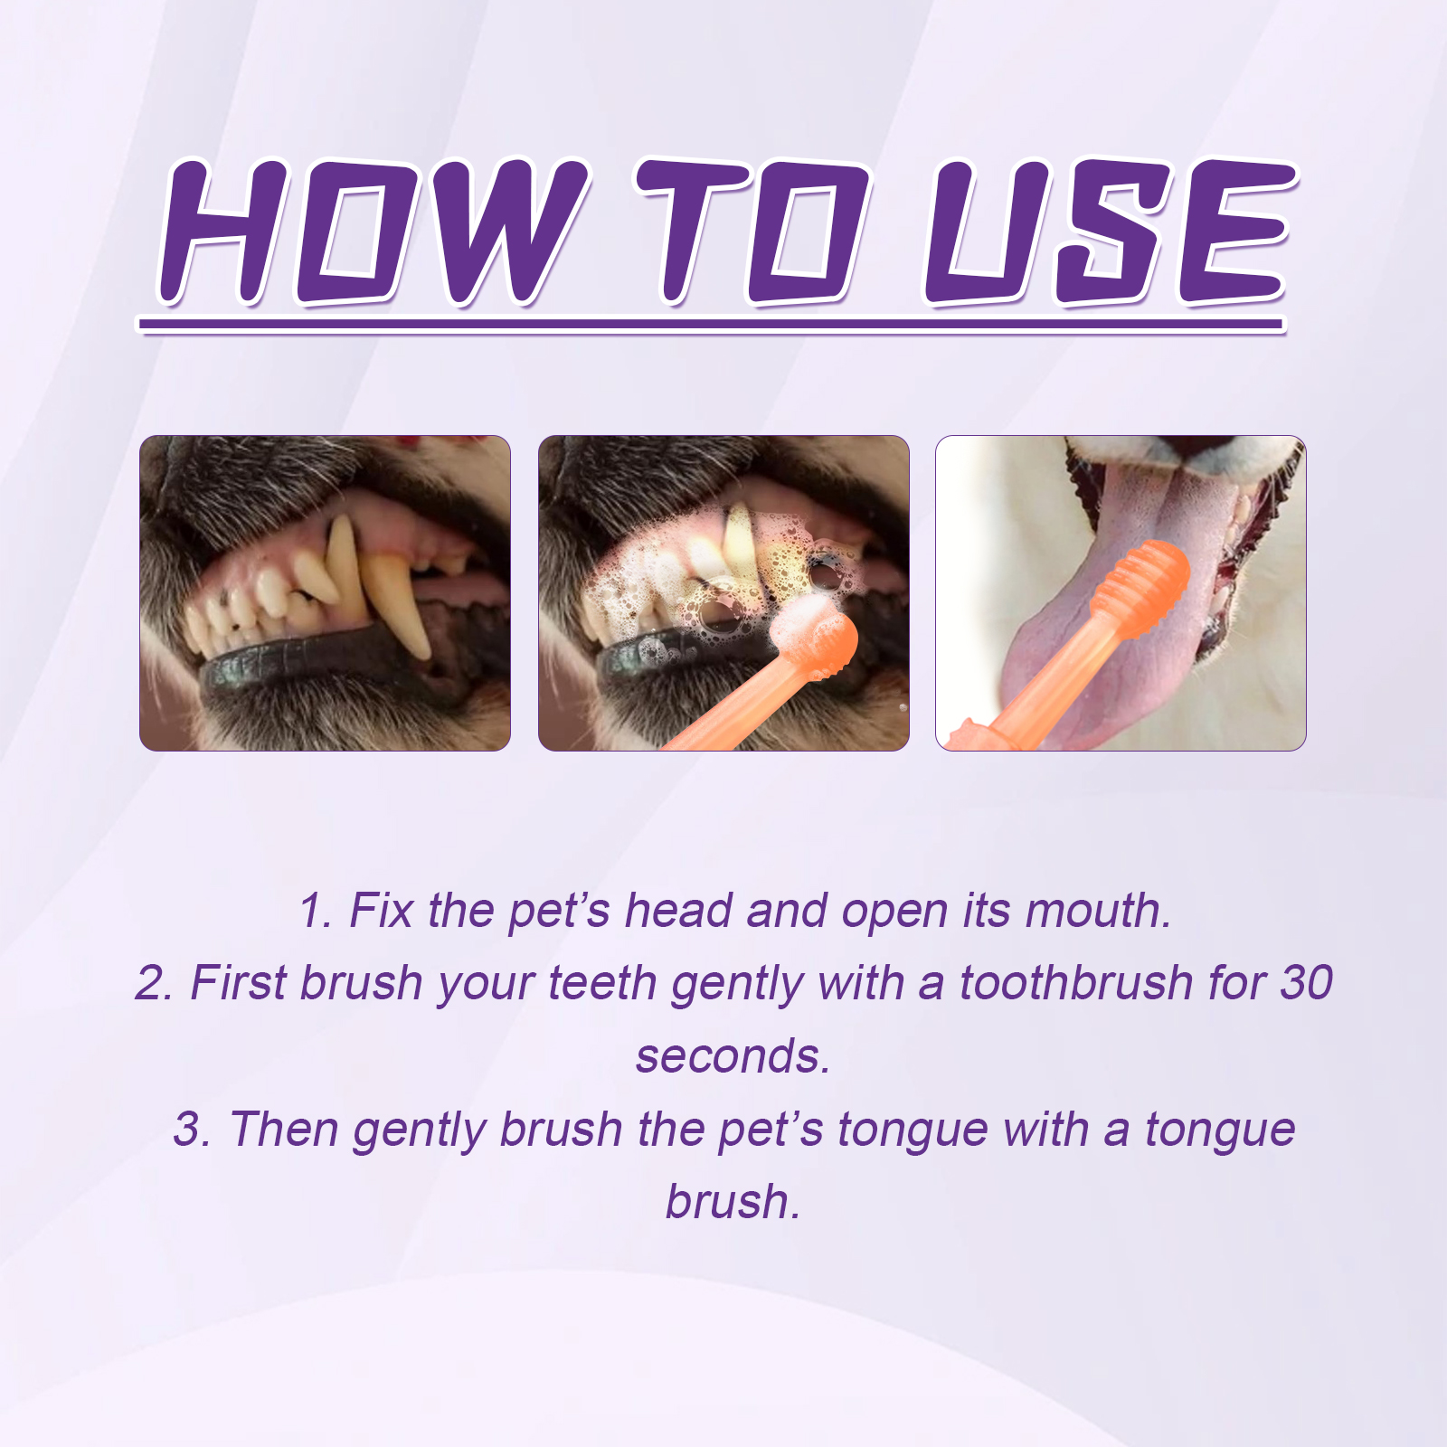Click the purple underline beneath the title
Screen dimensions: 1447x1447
pyautogui.click(x=711, y=324)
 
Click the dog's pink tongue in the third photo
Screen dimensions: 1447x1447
pyautogui.click(x=1112, y=624)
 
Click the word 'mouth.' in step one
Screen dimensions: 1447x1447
pyautogui.click(x=1098, y=911)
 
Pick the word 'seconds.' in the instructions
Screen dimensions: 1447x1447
pyautogui.click(x=733, y=1056)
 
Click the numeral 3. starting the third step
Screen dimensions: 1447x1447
pyautogui.click(x=192, y=1129)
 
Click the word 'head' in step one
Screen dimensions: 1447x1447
pyautogui.click(x=678, y=910)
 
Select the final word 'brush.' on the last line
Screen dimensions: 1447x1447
pyautogui.click(x=733, y=1202)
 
